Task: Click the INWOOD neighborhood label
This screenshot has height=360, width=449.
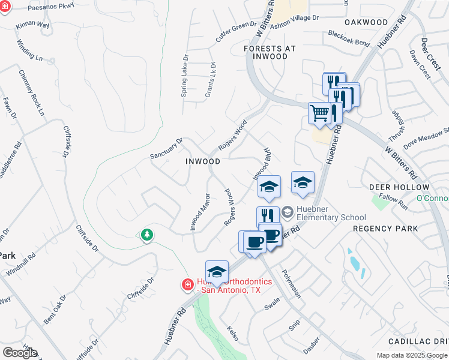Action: tap(202, 161)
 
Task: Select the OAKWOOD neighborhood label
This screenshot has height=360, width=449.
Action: tap(367, 22)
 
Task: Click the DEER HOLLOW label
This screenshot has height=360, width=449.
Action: tap(394, 187)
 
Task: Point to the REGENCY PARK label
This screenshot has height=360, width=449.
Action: tap(385, 229)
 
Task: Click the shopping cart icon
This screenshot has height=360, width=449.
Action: tap(319, 113)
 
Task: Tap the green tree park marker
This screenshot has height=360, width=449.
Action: tap(147, 234)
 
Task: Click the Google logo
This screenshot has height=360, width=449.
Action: tap(20, 353)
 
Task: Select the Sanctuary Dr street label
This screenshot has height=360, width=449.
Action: tap(166, 148)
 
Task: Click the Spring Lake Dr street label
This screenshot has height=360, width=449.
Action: tap(185, 77)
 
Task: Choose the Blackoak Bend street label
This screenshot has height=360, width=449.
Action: tap(349, 38)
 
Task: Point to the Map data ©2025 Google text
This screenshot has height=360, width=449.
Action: tap(411, 355)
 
